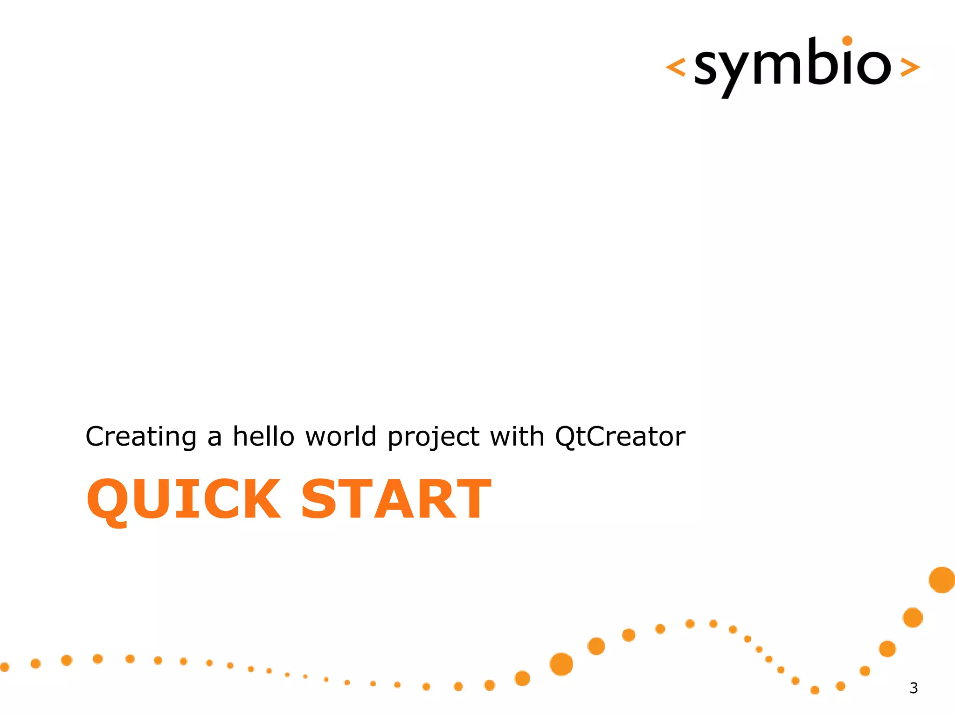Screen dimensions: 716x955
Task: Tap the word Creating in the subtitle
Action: pyautogui.click(x=141, y=437)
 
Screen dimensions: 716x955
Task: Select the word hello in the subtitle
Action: pyautogui.click(x=263, y=437)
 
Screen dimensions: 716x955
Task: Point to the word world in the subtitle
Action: pyautogui.click(x=340, y=437)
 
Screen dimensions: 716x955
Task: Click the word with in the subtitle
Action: pyautogui.click(x=517, y=437)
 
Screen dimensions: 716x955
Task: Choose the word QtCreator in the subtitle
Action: pyautogui.click(x=620, y=437)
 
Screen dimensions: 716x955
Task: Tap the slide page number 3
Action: pyautogui.click(x=913, y=688)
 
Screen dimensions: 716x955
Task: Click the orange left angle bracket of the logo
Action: pyautogui.click(x=676, y=67)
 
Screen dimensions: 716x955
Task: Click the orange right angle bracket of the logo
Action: pyautogui.click(x=910, y=67)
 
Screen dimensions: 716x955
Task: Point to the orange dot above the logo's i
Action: pyautogui.click(x=847, y=41)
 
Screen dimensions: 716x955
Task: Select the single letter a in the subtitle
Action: pyautogui.click(x=214, y=438)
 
